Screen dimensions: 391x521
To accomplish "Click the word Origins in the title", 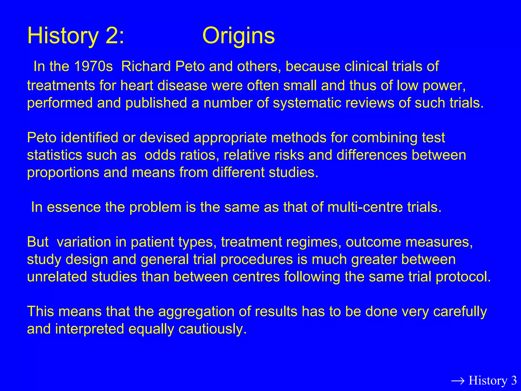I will click(x=238, y=36).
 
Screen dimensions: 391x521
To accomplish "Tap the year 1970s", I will click(x=93, y=66).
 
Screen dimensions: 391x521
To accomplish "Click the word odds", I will click(x=160, y=155).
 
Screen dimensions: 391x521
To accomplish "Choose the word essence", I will click(x=74, y=207).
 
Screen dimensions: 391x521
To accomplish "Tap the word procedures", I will click(x=257, y=260).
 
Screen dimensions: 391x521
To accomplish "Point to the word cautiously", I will click(x=212, y=329).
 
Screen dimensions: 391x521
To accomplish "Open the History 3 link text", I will click(x=493, y=381).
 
